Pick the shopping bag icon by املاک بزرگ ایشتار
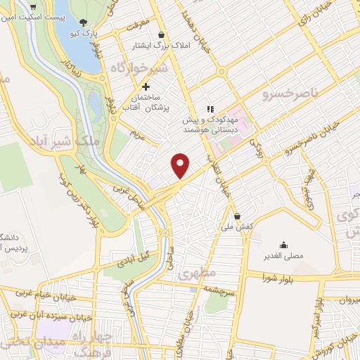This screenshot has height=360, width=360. tap(162, 34)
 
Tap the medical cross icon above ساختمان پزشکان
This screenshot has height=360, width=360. tap(146, 86)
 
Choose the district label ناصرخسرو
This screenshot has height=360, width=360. tap(289, 94)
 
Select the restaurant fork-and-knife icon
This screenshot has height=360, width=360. tap(209, 109)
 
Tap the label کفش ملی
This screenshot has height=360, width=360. tap(236, 227)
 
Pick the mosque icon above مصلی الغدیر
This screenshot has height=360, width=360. tap(283, 245)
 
